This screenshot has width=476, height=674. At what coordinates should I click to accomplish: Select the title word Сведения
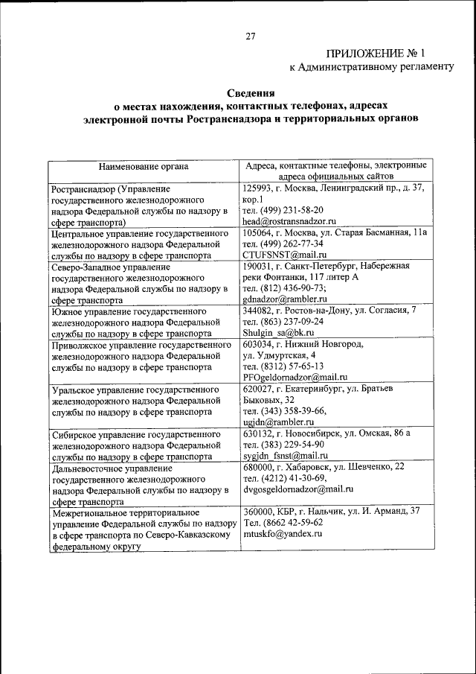(251, 95)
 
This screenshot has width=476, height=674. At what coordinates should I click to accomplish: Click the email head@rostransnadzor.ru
(290, 221)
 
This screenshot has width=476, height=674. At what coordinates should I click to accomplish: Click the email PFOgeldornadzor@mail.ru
(295, 378)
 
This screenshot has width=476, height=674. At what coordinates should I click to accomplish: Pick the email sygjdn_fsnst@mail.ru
(286, 455)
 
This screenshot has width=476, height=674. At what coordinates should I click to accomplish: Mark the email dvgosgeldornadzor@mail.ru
(297, 489)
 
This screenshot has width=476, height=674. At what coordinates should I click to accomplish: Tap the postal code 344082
(258, 311)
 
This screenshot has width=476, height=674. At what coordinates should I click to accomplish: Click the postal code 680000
(258, 467)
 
